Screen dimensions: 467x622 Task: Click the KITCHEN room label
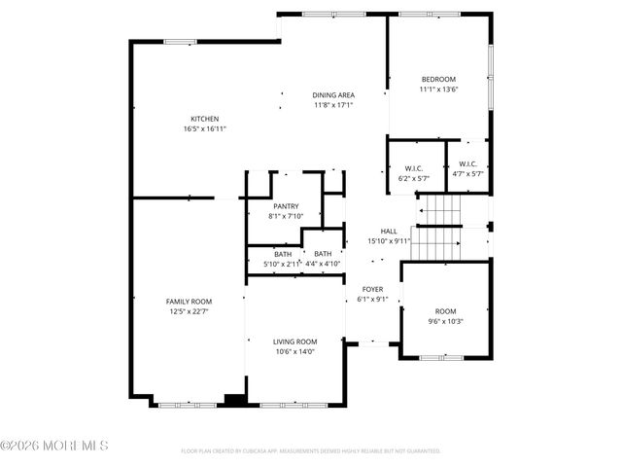(x=204, y=119)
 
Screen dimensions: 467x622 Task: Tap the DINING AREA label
(x=333, y=95)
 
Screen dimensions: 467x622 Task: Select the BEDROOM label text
(x=438, y=80)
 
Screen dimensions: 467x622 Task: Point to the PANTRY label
(x=286, y=206)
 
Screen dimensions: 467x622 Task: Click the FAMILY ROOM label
(x=189, y=302)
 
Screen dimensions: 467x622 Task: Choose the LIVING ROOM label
(x=294, y=341)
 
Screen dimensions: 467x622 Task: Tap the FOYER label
(x=372, y=290)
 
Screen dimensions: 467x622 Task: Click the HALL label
(x=389, y=232)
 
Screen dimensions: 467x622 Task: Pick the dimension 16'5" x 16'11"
(x=204, y=128)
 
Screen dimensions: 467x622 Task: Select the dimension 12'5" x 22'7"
(x=189, y=311)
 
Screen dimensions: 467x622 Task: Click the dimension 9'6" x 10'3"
(x=445, y=321)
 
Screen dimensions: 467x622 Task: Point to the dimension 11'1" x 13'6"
(x=438, y=90)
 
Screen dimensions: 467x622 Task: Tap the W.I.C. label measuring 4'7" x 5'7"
(x=467, y=165)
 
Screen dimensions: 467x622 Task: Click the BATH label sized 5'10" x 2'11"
(x=268, y=254)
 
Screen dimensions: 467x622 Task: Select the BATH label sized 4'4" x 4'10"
(x=322, y=254)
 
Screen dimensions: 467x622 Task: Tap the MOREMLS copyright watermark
(x=55, y=446)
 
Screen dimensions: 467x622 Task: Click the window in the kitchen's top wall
(x=180, y=41)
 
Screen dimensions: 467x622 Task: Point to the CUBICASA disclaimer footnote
(x=311, y=451)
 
